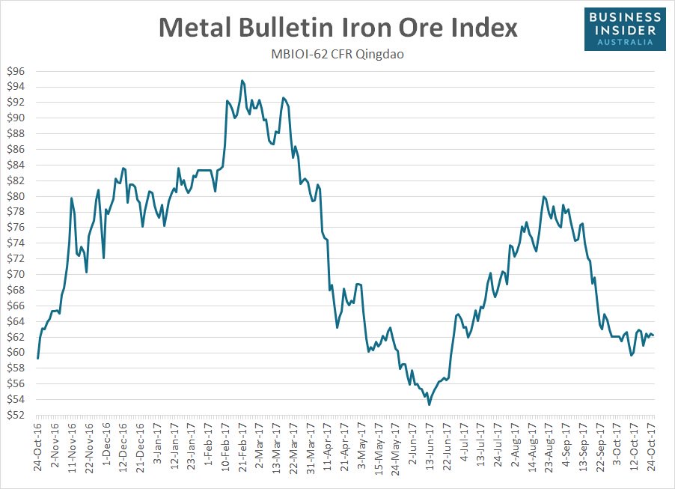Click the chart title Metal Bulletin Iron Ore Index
click(x=337, y=28)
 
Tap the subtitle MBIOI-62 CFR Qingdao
click(x=337, y=55)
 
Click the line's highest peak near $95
click(x=242, y=80)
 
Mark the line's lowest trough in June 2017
click(x=429, y=404)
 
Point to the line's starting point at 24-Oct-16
click(x=37, y=359)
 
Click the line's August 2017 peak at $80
click(x=543, y=197)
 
